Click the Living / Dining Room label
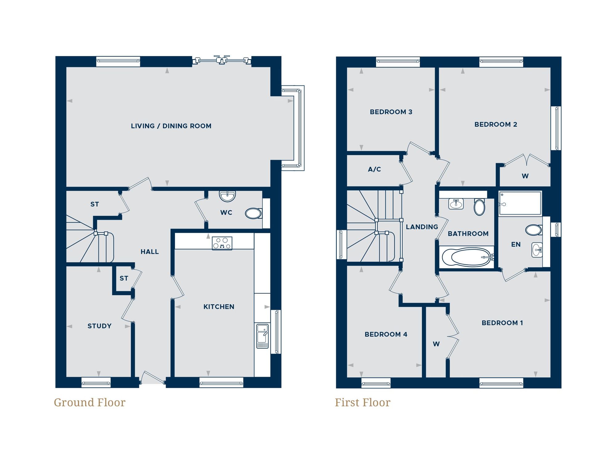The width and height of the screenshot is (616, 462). [x=171, y=126]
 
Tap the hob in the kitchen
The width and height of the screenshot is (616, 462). [x=222, y=243]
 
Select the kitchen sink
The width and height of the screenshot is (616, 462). [x=262, y=336]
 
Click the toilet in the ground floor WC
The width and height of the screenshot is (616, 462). [x=253, y=213]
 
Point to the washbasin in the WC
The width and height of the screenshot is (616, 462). [x=227, y=196]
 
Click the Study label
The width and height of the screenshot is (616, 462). [x=99, y=326]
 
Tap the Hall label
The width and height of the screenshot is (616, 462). [x=150, y=252]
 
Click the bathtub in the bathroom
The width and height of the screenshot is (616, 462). [x=467, y=257]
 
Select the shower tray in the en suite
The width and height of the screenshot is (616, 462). [x=520, y=203]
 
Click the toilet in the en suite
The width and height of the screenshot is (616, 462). [x=534, y=230]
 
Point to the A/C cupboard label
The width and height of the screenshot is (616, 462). [x=374, y=169]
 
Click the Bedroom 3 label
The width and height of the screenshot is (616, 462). [x=391, y=112]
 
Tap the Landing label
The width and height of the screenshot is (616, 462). [x=422, y=227]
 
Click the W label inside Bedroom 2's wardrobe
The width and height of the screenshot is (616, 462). [x=525, y=176]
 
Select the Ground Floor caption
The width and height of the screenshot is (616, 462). [x=90, y=403]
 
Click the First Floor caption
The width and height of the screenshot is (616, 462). [x=363, y=403]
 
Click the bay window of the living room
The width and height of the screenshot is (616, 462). [x=298, y=128]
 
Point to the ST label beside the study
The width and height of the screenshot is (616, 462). [x=124, y=278]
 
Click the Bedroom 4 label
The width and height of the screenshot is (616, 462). [x=386, y=334]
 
